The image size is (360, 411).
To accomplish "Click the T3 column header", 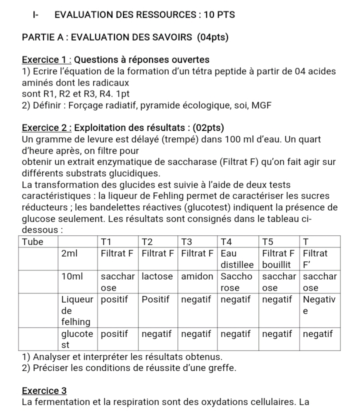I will [186, 241].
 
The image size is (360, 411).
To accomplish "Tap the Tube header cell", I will [33, 241].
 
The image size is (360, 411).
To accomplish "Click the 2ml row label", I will [69, 253].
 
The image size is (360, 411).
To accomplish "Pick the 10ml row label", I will [72, 276].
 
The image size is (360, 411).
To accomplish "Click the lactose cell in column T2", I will [157, 276].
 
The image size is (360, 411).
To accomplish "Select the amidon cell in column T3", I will [197, 276].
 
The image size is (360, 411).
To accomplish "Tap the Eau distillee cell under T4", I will [238, 259].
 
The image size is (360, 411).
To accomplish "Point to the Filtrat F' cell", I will [315, 259].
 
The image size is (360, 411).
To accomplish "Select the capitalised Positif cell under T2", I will [156, 299].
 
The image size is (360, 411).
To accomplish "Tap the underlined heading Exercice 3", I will [44, 390].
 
